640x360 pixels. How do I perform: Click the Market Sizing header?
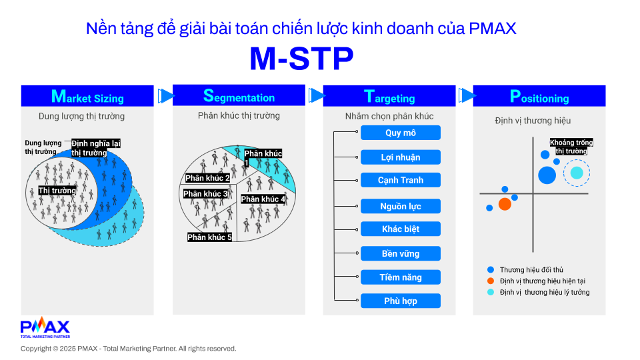[x=87, y=96]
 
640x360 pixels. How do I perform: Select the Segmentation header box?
[x=239, y=95]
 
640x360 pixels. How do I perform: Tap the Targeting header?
[x=389, y=96]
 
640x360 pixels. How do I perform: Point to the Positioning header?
[x=539, y=96]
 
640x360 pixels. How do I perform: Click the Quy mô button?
[x=401, y=133]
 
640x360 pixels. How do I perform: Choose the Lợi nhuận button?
[x=401, y=157]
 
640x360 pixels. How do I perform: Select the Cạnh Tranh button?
[x=401, y=180]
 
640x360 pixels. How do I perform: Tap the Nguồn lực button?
[x=401, y=206]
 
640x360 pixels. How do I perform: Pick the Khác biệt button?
[x=401, y=229]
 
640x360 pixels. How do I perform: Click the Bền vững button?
[x=401, y=253]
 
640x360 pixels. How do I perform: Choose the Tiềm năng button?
[x=401, y=277]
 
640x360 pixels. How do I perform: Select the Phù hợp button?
[x=401, y=301]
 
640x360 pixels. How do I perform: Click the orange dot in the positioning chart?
[x=505, y=204]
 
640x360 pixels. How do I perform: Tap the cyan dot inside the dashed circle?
[x=577, y=173]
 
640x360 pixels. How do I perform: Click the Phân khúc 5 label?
[x=209, y=237]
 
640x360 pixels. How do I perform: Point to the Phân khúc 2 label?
[x=208, y=178]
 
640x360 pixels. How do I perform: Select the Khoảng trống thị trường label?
[x=571, y=147]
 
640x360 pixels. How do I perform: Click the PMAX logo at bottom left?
[x=45, y=327]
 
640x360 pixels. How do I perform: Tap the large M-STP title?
[x=301, y=59]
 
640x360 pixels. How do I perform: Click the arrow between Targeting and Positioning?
[x=467, y=95]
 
